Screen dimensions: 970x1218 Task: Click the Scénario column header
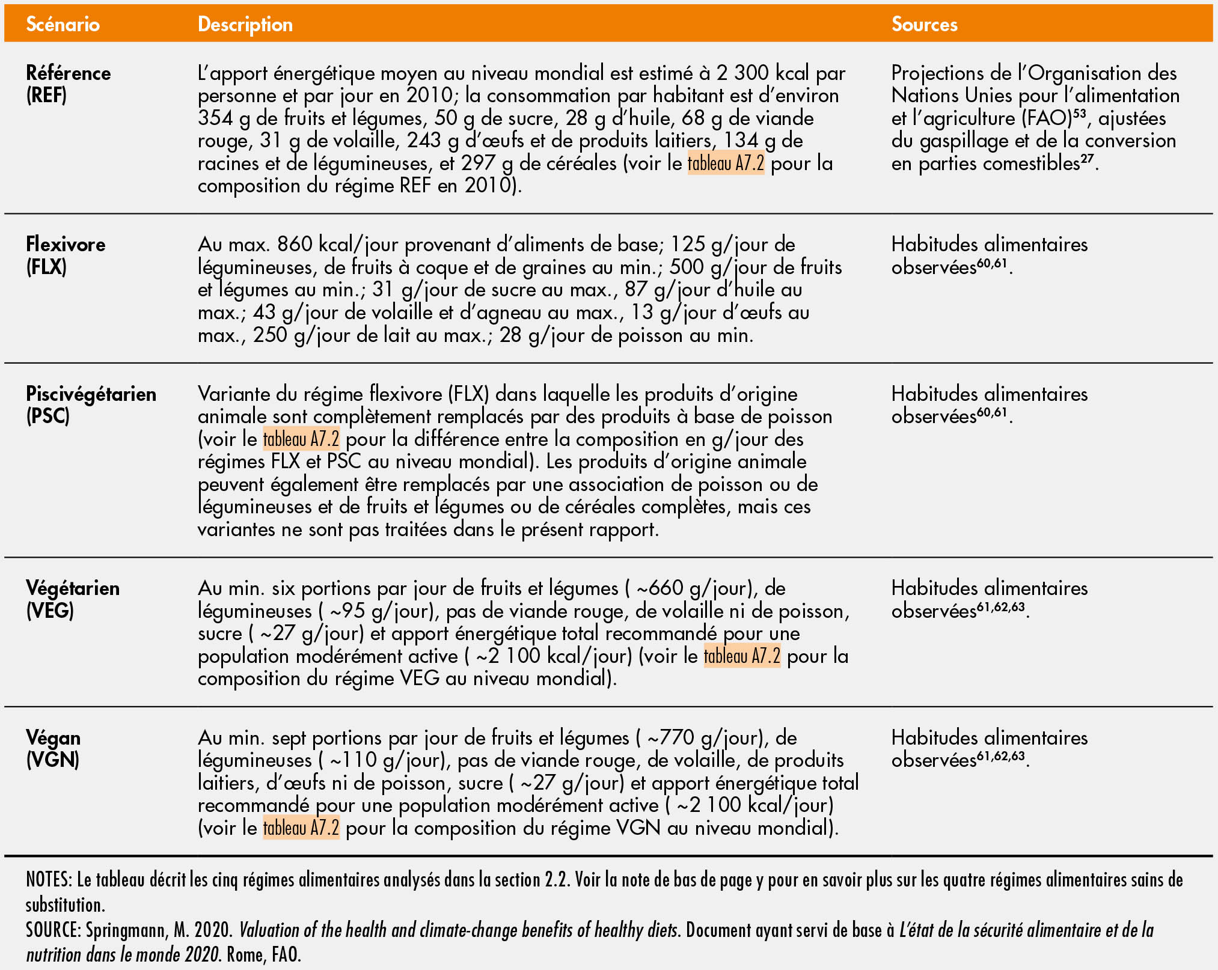click(63, 24)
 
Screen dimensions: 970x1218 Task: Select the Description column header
click(245, 24)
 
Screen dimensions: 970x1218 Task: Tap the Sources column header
click(924, 24)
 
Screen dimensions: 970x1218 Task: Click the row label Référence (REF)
click(68, 84)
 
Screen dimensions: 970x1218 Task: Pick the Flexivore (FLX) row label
click(65, 255)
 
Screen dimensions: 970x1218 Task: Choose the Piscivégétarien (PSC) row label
click(91, 404)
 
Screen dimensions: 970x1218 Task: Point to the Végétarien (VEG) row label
click(72, 599)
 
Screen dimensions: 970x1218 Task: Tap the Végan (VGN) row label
click(53, 748)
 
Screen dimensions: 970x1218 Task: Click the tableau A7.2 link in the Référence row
click(726, 163)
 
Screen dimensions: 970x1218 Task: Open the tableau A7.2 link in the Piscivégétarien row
click(301, 439)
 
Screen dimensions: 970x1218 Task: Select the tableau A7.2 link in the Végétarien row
click(742, 656)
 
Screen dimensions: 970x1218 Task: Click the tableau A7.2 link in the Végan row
click(301, 828)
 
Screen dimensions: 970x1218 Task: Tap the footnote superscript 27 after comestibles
click(1086, 157)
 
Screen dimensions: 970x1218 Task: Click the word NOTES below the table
click(49, 880)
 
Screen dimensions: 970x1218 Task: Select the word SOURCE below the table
click(52, 930)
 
